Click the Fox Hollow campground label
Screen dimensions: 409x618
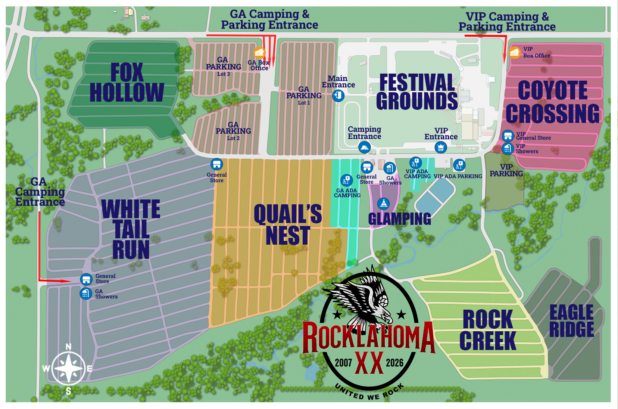(127, 83)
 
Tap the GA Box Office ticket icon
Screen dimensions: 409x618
(259, 53)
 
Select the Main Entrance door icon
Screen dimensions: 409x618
(338, 96)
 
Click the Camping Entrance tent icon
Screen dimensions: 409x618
(364, 147)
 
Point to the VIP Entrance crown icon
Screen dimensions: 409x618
(441, 147)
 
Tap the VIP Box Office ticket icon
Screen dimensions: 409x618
(515, 53)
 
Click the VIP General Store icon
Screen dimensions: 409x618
(508, 135)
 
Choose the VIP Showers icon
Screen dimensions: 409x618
(507, 149)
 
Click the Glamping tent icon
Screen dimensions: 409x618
(383, 204)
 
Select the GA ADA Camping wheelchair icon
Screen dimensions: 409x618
(346, 180)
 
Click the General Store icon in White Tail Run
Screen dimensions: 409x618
(86, 279)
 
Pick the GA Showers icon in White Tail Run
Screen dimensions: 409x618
(86, 293)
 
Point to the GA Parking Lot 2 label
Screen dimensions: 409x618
(233, 131)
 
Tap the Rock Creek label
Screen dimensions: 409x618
(488, 330)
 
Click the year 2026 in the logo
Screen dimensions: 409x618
(394, 363)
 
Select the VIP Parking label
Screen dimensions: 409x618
(506, 170)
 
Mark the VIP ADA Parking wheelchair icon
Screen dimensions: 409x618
(459, 165)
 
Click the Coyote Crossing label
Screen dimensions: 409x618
(553, 102)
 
